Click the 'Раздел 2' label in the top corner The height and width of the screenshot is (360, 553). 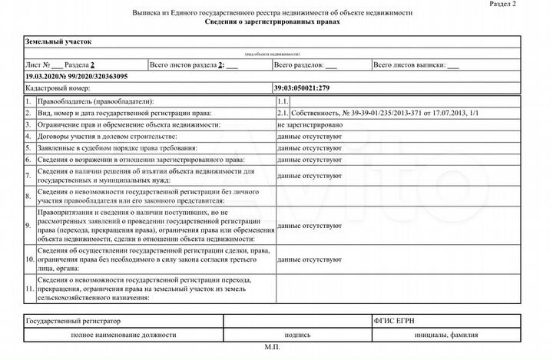[525, 5]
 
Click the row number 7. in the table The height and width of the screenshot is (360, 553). [28, 175]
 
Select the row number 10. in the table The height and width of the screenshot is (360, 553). [28, 260]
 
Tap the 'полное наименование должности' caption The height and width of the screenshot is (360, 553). [123, 335]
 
